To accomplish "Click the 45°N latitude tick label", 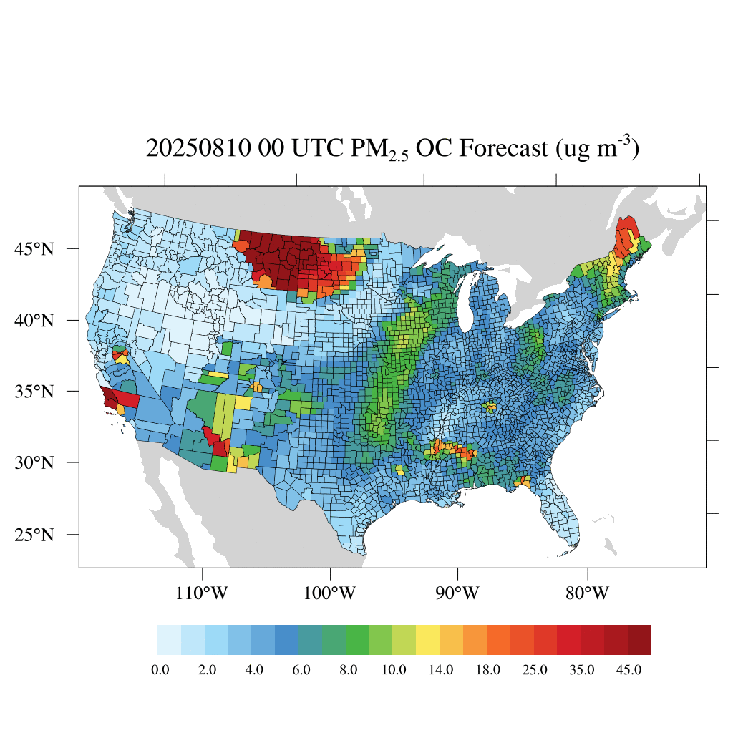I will [x=34, y=248].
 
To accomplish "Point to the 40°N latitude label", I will [x=34, y=320].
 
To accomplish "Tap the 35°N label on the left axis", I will [x=34, y=392].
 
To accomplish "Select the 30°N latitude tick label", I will [x=34, y=463].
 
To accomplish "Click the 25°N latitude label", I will [x=34, y=535].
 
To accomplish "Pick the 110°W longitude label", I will [x=203, y=593].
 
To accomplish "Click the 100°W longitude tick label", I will [x=330, y=593].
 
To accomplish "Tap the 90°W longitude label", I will [x=457, y=593].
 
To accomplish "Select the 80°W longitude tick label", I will [x=587, y=593].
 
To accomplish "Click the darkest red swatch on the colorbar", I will [x=639, y=640].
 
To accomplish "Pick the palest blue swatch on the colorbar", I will [x=169, y=640].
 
